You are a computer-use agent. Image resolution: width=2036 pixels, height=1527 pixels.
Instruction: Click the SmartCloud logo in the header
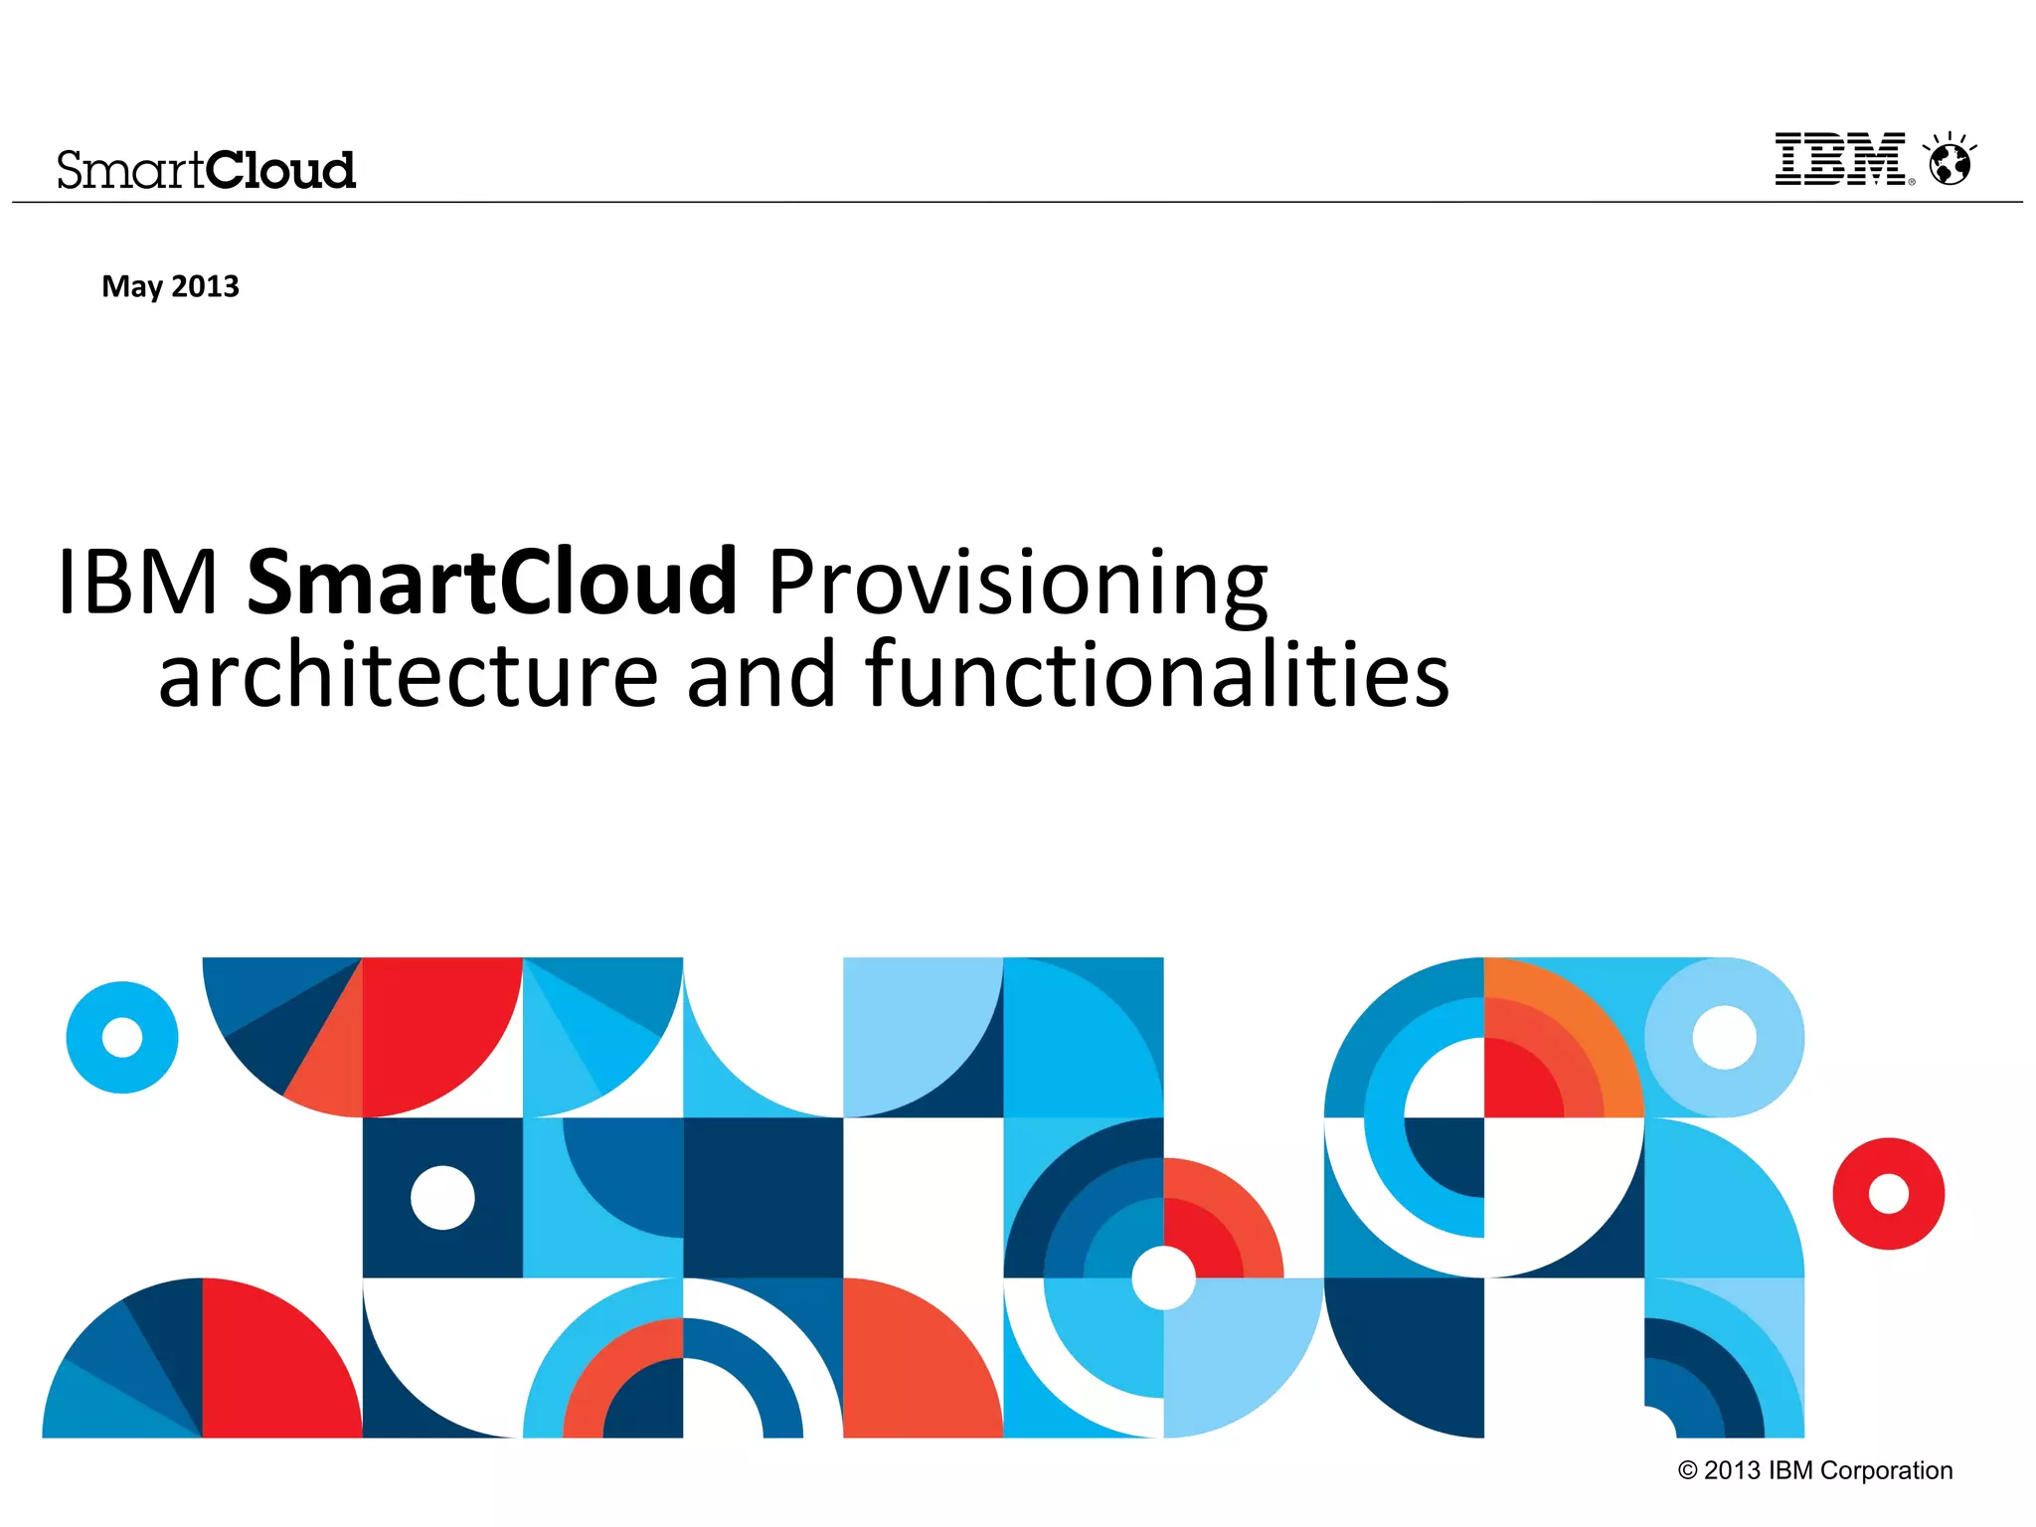click(x=206, y=170)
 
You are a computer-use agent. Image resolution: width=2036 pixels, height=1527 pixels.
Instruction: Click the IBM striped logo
click(x=1839, y=159)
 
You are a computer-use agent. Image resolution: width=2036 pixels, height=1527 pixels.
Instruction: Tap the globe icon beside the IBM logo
click(x=1950, y=163)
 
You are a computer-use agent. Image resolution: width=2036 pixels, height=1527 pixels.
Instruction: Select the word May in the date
click(x=131, y=287)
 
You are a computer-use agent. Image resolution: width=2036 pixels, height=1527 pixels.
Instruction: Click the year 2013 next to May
click(x=206, y=286)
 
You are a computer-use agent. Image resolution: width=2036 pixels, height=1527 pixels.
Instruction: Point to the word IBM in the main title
click(x=137, y=582)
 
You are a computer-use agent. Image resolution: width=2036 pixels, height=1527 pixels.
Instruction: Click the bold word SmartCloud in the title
click(x=491, y=582)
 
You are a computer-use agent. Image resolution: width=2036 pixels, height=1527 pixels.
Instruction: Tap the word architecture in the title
click(x=408, y=676)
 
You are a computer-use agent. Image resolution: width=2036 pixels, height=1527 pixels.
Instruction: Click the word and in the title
click(x=762, y=676)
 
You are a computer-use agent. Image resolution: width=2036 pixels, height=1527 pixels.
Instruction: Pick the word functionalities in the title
click(x=1157, y=676)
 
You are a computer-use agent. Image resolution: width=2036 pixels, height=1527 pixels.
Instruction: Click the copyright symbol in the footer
click(x=1687, y=1470)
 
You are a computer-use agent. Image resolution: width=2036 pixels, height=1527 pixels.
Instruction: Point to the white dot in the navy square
click(x=442, y=1197)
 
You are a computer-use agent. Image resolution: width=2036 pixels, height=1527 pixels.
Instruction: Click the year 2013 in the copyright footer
click(x=1732, y=1470)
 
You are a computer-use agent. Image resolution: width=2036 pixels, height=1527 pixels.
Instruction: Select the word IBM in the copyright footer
click(x=1790, y=1470)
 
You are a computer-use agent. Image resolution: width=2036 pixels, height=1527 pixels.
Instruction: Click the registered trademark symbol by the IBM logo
click(x=1911, y=182)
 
